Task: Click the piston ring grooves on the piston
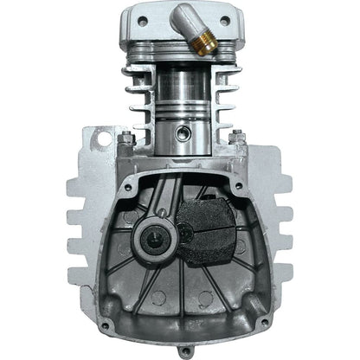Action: [x=179, y=113]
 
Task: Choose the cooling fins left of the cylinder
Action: [x=130, y=95]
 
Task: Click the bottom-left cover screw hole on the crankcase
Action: [x=106, y=325]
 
